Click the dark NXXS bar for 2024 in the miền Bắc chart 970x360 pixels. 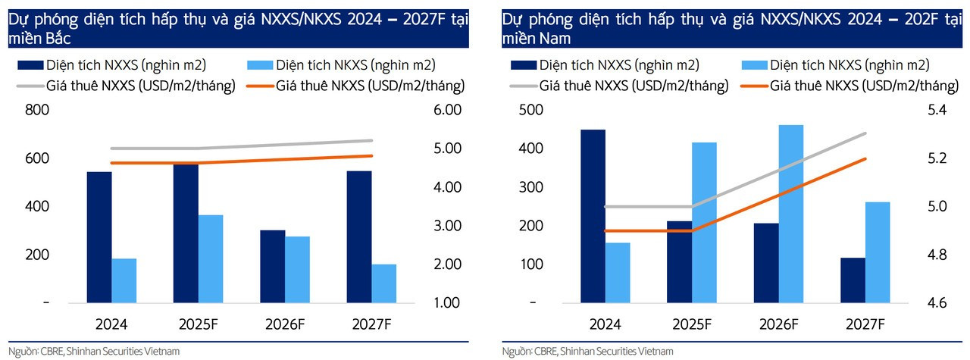pyautogui.click(x=99, y=237)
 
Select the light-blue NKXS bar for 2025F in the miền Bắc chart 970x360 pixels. pyautogui.click(x=211, y=259)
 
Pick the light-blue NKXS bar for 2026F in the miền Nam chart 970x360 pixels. pyautogui.click(x=791, y=214)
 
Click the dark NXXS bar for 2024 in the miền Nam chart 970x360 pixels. pyautogui.click(x=593, y=216)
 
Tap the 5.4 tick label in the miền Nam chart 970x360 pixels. pyautogui.click(x=937, y=111)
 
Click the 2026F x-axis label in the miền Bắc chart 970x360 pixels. pyautogui.click(x=285, y=324)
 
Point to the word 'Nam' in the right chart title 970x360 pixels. pyautogui.click(x=557, y=37)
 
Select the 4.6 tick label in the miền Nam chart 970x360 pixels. pyautogui.click(x=937, y=303)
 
